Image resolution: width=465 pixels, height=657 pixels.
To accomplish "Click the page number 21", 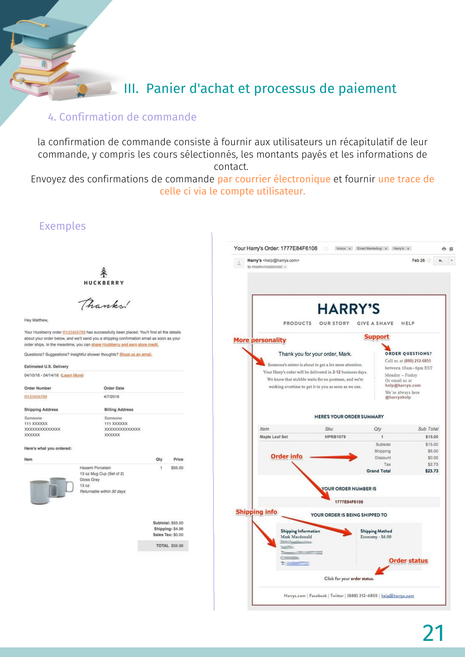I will click(433, 633).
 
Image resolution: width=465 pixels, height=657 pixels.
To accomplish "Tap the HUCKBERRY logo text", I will click(104, 283).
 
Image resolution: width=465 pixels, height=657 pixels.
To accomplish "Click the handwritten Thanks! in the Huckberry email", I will click(104, 304).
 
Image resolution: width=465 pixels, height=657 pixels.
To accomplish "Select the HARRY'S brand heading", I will click(349, 309).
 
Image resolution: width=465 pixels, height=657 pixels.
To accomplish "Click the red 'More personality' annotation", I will click(259, 340).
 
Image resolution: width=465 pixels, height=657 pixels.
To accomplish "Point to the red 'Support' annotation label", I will click(377, 337).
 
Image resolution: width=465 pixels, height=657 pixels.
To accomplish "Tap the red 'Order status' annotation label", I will click(408, 561).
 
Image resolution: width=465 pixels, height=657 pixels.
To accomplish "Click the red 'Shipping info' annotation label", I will click(256, 512).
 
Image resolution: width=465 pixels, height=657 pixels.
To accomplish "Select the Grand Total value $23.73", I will click(431, 471).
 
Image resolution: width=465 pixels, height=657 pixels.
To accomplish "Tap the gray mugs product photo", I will click(51, 490).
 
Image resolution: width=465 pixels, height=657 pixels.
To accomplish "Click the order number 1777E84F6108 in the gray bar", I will click(349, 502).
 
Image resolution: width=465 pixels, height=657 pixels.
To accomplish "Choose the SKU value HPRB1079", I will click(335, 437).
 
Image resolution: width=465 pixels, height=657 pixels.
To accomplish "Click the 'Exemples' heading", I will click(62, 226).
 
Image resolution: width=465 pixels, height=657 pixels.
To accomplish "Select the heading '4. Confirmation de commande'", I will click(122, 117).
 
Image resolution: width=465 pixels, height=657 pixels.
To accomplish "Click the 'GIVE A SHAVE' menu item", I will click(375, 323).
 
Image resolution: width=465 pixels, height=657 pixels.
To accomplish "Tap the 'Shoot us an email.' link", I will click(135, 354).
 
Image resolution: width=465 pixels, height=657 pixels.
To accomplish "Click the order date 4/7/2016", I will click(111, 397).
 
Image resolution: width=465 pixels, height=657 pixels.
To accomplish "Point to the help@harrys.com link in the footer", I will click(397, 596).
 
